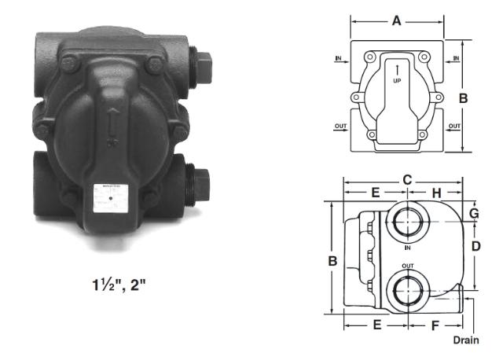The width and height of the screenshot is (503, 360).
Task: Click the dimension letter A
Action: (397, 21)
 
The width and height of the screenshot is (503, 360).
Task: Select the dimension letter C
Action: (407, 179)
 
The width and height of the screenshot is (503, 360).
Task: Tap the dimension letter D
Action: (475, 245)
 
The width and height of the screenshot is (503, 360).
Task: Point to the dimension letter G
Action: (474, 213)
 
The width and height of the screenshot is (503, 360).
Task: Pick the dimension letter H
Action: (436, 193)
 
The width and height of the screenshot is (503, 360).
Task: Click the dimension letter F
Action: (435, 323)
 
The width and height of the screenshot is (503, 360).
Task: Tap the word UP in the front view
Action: (398, 80)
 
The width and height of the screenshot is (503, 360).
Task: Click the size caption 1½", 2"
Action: (118, 282)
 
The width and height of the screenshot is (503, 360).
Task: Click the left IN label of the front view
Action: (339, 59)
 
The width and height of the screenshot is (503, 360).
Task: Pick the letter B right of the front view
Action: (464, 98)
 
